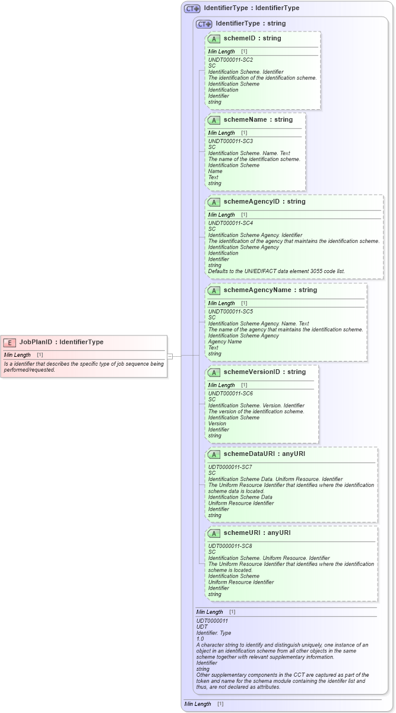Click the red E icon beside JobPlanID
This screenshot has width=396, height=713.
coord(10,342)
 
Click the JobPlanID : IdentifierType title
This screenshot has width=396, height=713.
coord(61,342)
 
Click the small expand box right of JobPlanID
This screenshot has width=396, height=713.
coord(170,356)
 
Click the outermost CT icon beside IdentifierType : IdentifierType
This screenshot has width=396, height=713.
coord(192,8)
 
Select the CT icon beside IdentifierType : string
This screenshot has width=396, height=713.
coord(204,24)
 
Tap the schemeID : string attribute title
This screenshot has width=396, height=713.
coord(252,38)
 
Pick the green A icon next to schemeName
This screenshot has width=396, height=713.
coord(214,120)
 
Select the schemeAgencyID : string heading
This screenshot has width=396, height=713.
coord(264,202)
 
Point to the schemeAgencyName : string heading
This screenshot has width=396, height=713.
coord(270,290)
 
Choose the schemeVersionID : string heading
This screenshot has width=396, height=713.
coord(264,372)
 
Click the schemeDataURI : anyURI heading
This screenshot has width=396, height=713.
coord(265,454)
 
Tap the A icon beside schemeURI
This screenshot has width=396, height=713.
coord(214,533)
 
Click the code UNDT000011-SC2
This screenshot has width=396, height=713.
coord(230,60)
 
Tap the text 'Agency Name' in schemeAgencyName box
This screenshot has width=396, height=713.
coord(225,342)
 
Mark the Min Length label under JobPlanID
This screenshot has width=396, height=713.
coord(17,354)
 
